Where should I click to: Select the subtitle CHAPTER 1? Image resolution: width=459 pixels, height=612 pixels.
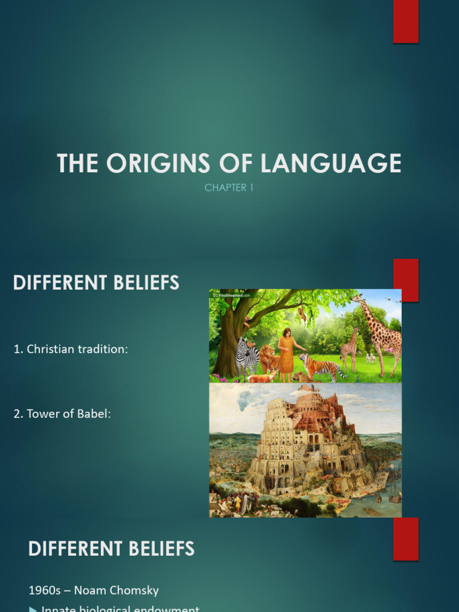(x=229, y=188)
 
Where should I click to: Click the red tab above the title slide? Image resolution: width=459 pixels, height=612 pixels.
(x=405, y=22)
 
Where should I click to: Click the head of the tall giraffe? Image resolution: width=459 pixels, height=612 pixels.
(x=358, y=299)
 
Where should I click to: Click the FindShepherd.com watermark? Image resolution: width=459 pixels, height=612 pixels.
(x=234, y=294)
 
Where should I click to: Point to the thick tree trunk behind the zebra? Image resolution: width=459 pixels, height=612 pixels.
(x=228, y=353)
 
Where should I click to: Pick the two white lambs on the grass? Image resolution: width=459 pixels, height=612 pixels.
(x=371, y=358)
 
